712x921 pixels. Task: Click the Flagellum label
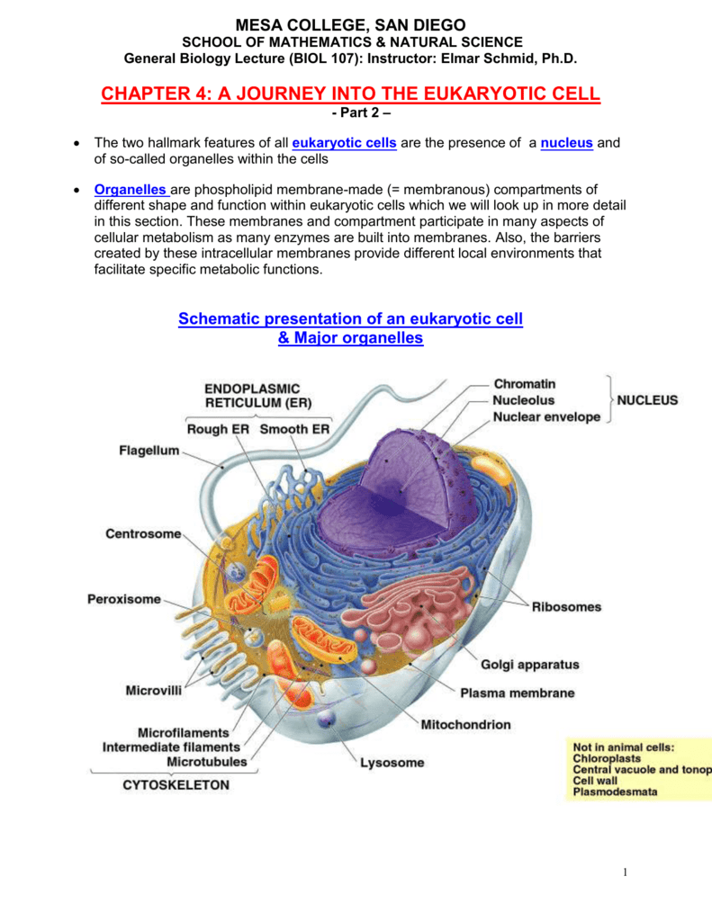149,451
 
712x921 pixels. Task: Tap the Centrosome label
143,534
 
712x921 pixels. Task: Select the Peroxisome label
124,599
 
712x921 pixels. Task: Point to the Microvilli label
153,690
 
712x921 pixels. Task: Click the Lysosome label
392,763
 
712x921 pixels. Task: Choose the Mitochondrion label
465,725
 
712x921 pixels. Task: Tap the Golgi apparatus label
530,665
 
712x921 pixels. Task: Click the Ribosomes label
567,607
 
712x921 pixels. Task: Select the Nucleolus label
523,400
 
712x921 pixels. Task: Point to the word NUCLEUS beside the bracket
646,400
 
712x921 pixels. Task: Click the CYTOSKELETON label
176,785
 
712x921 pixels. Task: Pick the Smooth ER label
294,429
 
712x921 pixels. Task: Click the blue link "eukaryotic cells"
344,143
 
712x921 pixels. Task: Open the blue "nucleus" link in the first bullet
566,143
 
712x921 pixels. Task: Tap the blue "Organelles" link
131,190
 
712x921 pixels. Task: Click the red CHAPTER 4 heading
350,94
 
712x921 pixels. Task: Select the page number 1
625,872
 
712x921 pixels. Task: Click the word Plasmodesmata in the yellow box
615,791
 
